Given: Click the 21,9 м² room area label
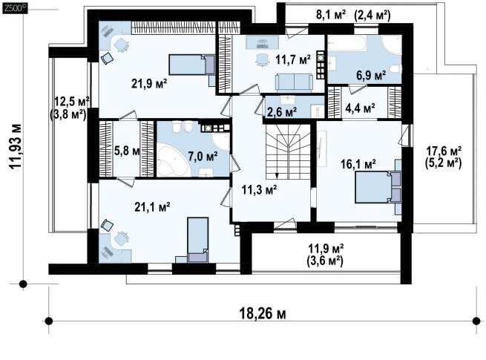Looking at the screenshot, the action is tap(149, 83).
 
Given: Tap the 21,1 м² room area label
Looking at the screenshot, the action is tap(152, 207).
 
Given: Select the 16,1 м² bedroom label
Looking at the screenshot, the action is tap(358, 164).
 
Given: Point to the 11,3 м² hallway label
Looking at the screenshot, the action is tap(259, 189).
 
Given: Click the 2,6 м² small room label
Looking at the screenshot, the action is tap(282, 111).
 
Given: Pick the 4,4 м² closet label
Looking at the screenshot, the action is tap(360, 108).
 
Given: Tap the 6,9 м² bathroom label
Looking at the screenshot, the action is tap(371, 76).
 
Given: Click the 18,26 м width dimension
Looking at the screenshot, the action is tap(263, 313).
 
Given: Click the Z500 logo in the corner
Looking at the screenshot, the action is tap(15, 8).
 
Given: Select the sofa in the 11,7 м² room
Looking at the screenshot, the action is tap(294, 82).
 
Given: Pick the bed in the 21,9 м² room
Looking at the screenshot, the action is tap(192, 65).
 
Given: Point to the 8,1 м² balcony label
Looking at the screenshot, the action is tap(331, 15).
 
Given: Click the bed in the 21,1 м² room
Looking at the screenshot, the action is tap(197, 240).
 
